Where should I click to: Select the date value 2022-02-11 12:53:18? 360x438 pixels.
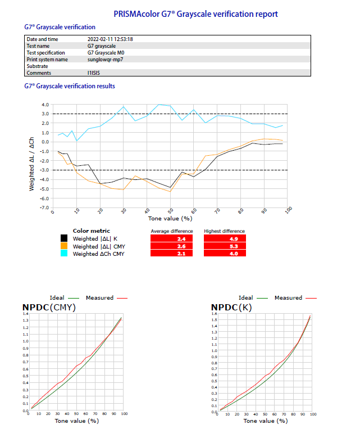(x=114, y=39)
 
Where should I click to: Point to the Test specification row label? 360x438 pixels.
(x=49, y=52)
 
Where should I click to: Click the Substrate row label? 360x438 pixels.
(x=38, y=66)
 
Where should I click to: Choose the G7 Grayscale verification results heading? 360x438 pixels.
(x=70, y=86)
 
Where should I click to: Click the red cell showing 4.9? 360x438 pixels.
(x=224, y=238)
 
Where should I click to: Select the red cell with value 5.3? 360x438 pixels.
(x=224, y=246)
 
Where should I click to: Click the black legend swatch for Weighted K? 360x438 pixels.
(x=65, y=238)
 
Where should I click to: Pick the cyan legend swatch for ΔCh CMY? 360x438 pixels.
(x=65, y=254)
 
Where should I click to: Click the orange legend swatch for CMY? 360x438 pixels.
(x=65, y=246)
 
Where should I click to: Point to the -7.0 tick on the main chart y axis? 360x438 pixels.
(x=44, y=208)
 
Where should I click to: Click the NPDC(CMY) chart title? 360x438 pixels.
(x=49, y=307)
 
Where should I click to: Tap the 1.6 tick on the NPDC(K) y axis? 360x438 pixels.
(x=215, y=313)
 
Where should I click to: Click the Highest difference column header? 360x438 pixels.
(x=224, y=231)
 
